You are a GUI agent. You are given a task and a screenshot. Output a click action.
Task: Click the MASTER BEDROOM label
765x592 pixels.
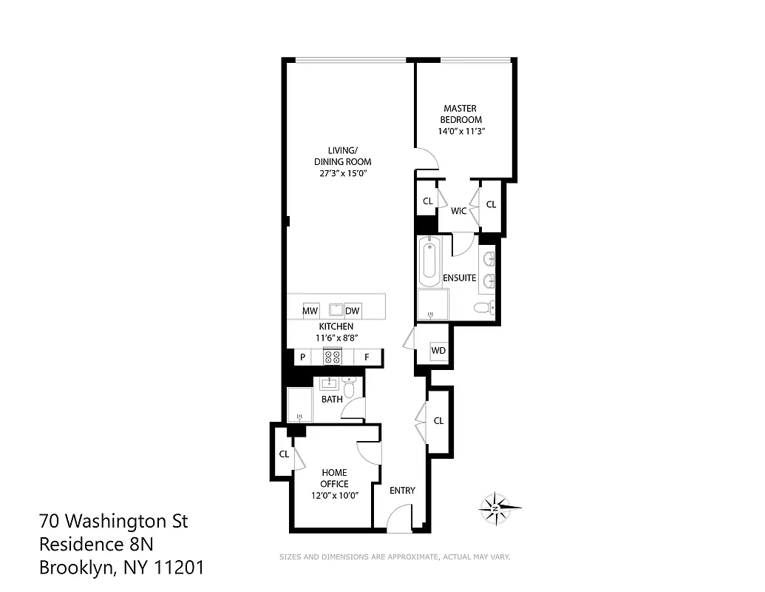point(460,114)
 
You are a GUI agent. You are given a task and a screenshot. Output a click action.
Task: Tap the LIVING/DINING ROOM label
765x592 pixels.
point(342,156)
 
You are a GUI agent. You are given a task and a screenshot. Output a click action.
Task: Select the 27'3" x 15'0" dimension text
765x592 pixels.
point(342,173)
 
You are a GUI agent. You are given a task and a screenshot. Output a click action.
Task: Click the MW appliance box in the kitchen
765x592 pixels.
point(310,311)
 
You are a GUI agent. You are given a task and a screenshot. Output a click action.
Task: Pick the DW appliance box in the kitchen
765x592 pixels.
point(352,311)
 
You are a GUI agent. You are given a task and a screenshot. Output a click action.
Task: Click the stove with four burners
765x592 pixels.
point(333,357)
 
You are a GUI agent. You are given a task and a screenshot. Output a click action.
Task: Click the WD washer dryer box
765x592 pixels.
point(438,350)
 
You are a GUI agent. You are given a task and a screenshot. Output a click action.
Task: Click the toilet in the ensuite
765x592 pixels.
point(483,308)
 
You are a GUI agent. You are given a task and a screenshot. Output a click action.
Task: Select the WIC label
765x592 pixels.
point(458,211)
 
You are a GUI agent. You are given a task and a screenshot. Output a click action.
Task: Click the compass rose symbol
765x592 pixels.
point(496,508)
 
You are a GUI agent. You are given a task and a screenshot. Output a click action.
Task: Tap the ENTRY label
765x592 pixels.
point(402,490)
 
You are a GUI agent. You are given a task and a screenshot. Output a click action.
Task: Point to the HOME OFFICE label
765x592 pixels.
point(334,478)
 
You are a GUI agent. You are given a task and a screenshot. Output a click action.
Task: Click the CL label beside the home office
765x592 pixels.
point(283,454)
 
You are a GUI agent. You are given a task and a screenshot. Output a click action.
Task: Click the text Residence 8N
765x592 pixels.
point(96,545)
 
